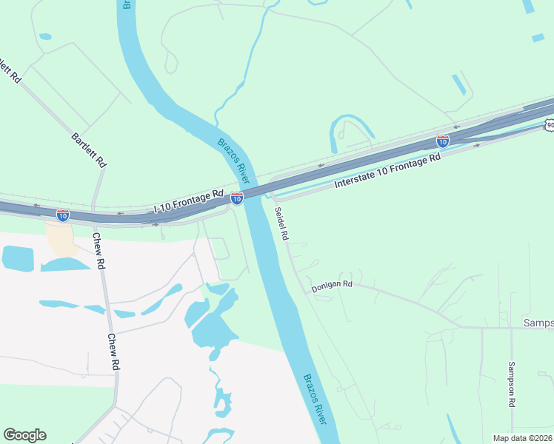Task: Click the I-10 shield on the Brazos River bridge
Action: (237, 198)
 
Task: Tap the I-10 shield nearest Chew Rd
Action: (63, 215)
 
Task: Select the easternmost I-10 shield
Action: (442, 141)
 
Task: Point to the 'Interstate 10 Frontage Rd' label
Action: (387, 170)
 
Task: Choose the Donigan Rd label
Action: (332, 286)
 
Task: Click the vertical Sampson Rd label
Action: (511, 385)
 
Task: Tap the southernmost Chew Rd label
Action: (113, 351)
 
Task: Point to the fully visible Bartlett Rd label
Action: (90, 149)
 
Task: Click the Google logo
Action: (24, 435)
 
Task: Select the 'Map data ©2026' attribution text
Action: (522, 438)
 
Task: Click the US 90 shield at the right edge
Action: (550, 125)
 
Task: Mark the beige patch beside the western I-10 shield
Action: (59, 238)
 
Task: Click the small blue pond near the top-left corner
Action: (45, 36)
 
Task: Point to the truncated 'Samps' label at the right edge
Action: (538, 323)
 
